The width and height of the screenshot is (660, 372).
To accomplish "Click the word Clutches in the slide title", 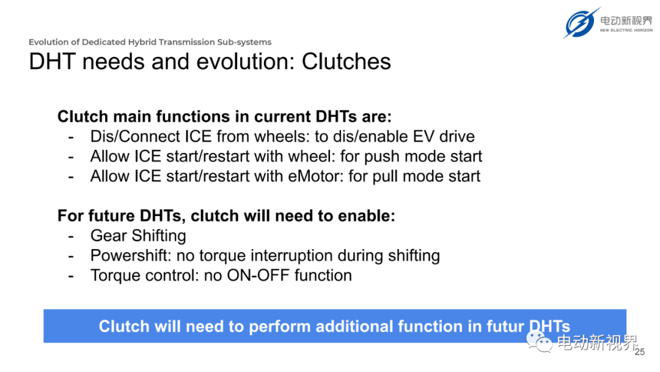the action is tap(346, 62).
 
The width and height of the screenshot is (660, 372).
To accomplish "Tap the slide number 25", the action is tap(640, 352).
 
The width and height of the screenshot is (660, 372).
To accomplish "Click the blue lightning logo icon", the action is tap(581, 23).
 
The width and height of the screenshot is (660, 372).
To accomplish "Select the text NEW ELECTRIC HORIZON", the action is tap(626, 31).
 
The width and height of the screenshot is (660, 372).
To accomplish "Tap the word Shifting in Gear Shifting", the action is tap(159, 236).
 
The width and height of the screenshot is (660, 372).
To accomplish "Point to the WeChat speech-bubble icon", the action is tap(539, 341).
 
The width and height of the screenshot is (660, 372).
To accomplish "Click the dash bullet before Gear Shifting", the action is tap(71, 237).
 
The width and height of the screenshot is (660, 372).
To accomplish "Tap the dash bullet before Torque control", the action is tap(71, 277).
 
